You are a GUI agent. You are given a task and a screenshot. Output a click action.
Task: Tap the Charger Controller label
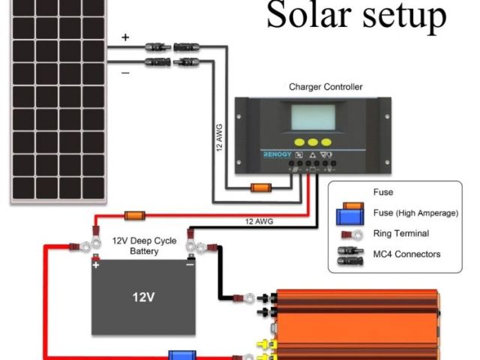point(325,87)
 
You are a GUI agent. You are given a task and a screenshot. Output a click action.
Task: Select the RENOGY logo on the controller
point(279,154)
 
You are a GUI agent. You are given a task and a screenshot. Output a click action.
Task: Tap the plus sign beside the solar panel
point(125,37)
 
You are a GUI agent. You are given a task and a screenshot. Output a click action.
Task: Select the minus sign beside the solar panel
point(124,73)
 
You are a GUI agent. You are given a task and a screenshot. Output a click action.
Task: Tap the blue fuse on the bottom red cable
point(179,355)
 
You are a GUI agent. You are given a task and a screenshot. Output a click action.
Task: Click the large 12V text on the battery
point(143,297)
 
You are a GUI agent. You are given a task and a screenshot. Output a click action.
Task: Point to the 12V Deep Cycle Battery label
point(135,246)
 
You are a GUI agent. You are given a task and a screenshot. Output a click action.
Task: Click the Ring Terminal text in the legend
point(400,234)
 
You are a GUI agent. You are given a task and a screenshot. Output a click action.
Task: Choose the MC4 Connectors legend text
point(406,254)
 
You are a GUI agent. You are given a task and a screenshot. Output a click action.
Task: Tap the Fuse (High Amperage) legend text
point(415,213)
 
